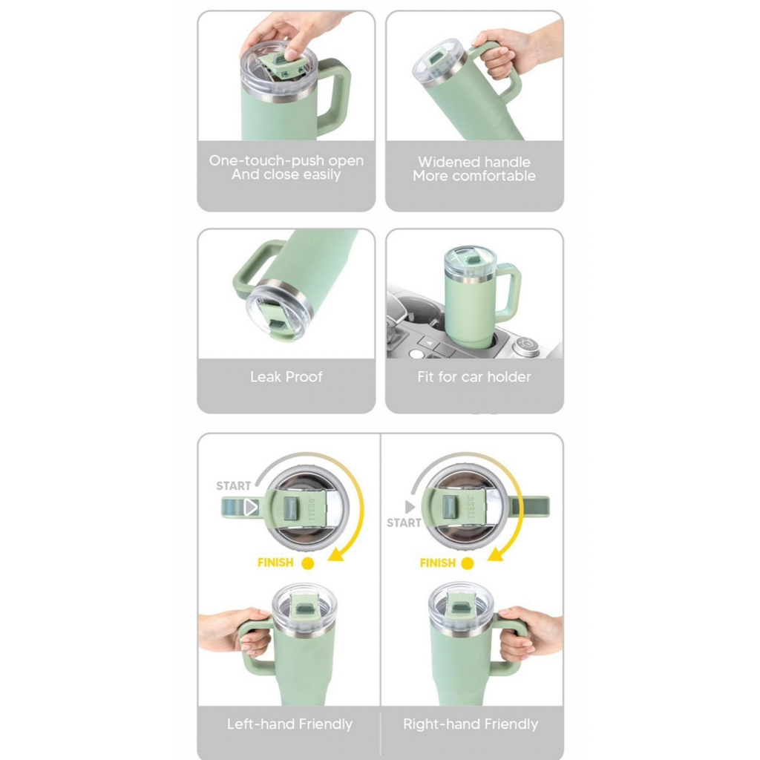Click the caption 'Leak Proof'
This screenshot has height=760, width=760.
pyautogui.click(x=286, y=376)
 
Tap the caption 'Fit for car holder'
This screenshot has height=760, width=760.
pyautogui.click(x=474, y=376)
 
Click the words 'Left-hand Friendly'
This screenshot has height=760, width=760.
pyautogui.click(x=289, y=724)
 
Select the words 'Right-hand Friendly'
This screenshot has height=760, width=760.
pyautogui.click(x=471, y=724)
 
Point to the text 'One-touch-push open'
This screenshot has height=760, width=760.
pyautogui.click(x=286, y=160)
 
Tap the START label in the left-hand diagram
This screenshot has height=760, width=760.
pyautogui.click(x=234, y=485)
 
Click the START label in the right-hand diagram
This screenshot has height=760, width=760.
pyautogui.click(x=404, y=522)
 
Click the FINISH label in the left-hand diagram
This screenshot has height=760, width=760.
pyautogui.click(x=275, y=563)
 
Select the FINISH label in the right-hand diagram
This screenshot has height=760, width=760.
pyautogui.click(x=438, y=563)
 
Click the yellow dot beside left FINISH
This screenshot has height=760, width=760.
pyautogui.click(x=308, y=563)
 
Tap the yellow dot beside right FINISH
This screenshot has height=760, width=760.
pyautogui.click(x=468, y=563)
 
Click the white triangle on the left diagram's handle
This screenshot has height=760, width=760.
pyautogui.click(x=251, y=507)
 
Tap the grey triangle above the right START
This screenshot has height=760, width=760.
pyautogui.click(x=410, y=507)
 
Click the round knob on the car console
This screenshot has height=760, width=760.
pyautogui.click(x=526, y=344)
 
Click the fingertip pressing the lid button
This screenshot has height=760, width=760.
pyautogui.click(x=291, y=53)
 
